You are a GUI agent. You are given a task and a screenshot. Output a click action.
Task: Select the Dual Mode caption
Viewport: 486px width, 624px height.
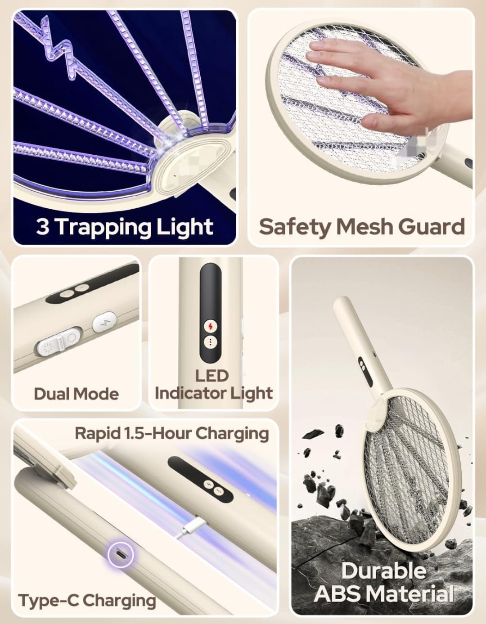(76, 394)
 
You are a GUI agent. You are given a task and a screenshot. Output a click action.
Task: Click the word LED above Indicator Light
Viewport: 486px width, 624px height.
(212, 376)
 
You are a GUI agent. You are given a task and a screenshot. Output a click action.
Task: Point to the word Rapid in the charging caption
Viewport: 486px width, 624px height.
(97, 433)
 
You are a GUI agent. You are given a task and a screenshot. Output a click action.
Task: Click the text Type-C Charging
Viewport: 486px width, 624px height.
(87, 600)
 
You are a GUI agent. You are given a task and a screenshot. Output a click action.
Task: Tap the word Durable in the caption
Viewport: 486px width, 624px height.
(384, 571)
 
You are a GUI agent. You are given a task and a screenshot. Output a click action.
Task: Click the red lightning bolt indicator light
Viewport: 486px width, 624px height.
(211, 327)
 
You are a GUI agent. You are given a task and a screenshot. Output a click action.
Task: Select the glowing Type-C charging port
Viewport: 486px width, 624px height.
(121, 555)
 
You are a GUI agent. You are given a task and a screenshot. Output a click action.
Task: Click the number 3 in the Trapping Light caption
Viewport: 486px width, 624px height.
(42, 227)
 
